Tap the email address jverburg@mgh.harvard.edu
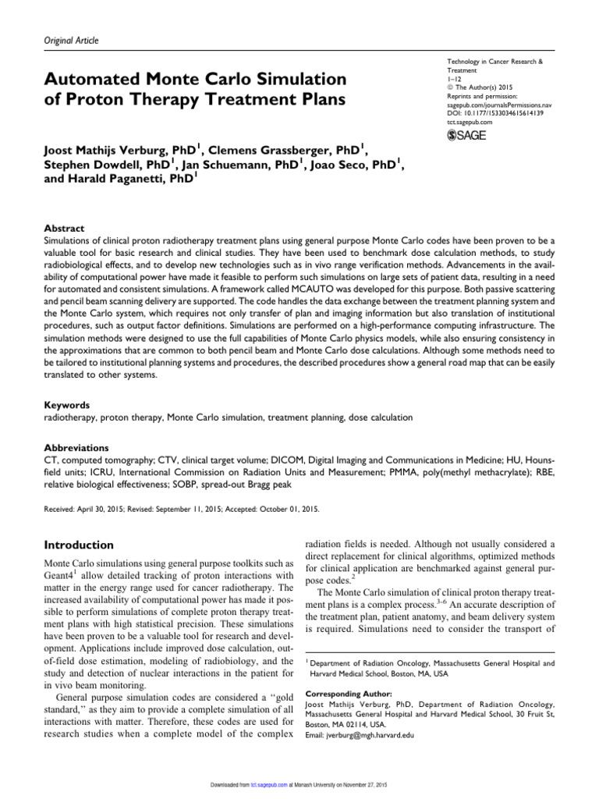click(x=374, y=735)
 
